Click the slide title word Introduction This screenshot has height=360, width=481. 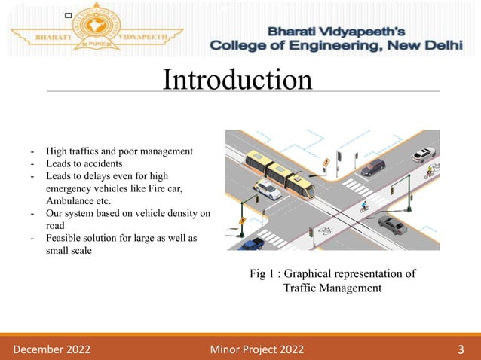[x=237, y=80]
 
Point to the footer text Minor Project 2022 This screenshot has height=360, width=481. [x=254, y=347]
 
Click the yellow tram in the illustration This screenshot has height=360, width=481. [x=279, y=174]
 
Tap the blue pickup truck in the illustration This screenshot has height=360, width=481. [x=250, y=243]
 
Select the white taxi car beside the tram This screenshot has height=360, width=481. [x=267, y=190]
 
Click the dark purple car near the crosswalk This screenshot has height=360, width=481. [x=372, y=167]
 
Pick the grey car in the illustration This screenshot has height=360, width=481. [x=391, y=224]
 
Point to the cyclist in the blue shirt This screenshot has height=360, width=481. [x=365, y=206]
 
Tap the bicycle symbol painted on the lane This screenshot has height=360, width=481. [x=325, y=230]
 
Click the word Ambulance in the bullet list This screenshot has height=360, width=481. [x=69, y=201]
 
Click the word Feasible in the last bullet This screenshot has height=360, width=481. [x=64, y=239]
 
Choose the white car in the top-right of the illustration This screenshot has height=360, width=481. [x=424, y=154]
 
